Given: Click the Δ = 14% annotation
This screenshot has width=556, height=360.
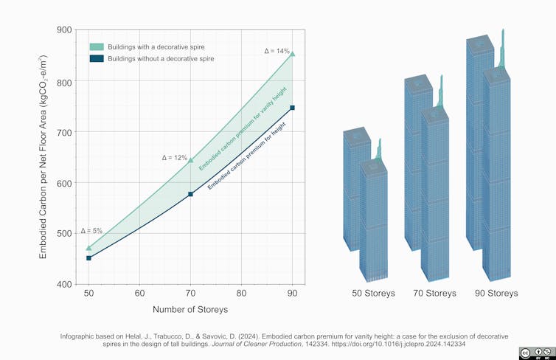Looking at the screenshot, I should (x=277, y=51).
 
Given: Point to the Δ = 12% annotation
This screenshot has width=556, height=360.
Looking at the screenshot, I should (x=174, y=158).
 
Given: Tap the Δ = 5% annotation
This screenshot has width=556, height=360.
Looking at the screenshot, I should (x=91, y=231).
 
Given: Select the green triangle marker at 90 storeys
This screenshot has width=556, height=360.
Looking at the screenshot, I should (x=293, y=54).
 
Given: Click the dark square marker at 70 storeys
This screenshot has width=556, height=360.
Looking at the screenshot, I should (x=190, y=194).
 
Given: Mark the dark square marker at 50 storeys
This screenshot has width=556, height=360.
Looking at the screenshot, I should (x=88, y=258).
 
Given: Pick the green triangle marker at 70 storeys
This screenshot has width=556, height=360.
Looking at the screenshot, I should (x=190, y=160).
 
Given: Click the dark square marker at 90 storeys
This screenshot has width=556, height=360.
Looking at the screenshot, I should (x=293, y=108).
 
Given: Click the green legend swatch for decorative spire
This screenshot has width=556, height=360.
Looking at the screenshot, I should (x=96, y=46).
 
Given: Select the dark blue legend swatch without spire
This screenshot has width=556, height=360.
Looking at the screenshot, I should (x=96, y=58).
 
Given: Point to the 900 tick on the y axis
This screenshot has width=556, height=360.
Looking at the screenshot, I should (x=64, y=30).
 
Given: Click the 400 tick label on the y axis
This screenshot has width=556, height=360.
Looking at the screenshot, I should (x=64, y=284).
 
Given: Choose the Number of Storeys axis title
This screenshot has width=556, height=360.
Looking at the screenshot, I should (x=190, y=309).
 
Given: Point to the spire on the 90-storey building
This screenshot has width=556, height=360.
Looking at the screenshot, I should (x=501, y=48).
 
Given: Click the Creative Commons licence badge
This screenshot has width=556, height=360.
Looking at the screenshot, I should (x=535, y=353).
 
